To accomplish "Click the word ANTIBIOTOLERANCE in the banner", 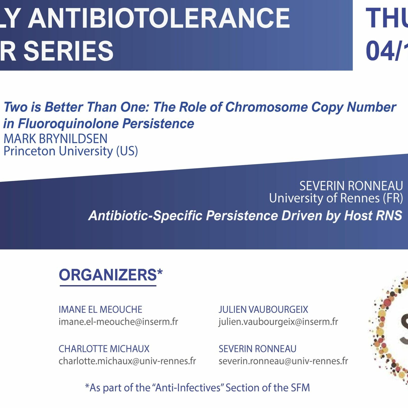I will pyautogui.click(x=159, y=18).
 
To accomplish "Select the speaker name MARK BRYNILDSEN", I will pyautogui.click(x=55, y=139).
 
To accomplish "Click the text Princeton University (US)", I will pyautogui.click(x=71, y=151).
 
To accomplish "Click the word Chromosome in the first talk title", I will pyautogui.click(x=266, y=107).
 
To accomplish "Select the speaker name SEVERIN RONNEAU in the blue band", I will pyautogui.click(x=351, y=186).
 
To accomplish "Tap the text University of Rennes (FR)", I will pyautogui.click(x=336, y=198).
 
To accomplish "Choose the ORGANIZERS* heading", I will pyautogui.click(x=110, y=275).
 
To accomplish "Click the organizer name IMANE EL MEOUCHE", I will pyautogui.click(x=100, y=309).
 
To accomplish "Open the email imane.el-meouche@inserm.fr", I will pyautogui.click(x=118, y=322).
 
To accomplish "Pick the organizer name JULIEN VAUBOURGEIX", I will pyautogui.click(x=263, y=309).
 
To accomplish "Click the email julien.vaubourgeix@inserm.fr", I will pyautogui.click(x=278, y=322).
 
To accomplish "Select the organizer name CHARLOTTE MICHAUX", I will pyautogui.click(x=104, y=349).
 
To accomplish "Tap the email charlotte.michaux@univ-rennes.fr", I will pyautogui.click(x=127, y=361).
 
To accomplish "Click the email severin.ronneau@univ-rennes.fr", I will pyautogui.click(x=283, y=361).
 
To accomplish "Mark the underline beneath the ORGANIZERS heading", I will pyautogui.click(x=108, y=286).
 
